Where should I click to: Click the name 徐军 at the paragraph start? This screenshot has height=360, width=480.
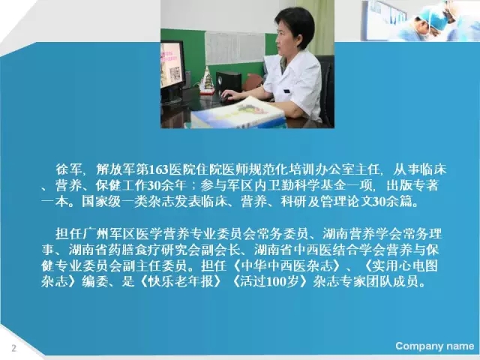(68, 169)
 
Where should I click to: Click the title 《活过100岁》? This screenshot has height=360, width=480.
(270, 281)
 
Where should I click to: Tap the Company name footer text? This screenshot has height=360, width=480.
(435, 346)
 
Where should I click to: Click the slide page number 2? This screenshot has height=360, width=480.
(13, 348)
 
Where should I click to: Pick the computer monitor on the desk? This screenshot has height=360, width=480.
(172, 71)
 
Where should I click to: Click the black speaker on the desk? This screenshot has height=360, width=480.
(229, 82)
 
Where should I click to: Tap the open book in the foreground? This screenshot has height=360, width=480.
(238, 114)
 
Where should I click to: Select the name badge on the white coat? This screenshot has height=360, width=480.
(286, 91)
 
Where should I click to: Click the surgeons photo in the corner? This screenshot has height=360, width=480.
(420, 20)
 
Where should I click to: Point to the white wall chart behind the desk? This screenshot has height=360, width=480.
(235, 48)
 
